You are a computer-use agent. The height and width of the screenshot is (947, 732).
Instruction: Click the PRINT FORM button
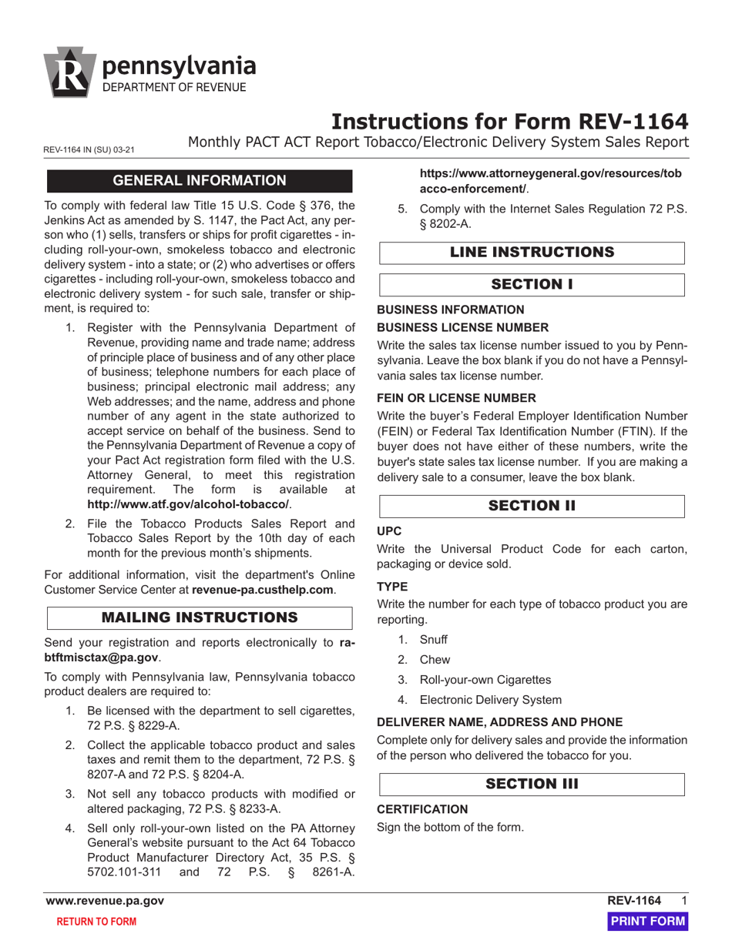click(x=647, y=922)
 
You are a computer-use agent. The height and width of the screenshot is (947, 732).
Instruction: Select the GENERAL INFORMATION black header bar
click(x=200, y=181)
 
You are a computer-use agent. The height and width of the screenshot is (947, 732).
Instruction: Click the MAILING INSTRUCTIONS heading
click(x=200, y=617)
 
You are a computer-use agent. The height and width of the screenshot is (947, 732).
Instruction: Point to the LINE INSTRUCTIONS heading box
click(x=532, y=253)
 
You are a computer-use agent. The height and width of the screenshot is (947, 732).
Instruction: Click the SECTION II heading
click(x=532, y=506)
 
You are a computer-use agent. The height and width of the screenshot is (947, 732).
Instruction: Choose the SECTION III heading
click(x=532, y=784)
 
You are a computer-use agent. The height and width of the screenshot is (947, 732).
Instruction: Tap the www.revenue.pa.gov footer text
click(x=105, y=901)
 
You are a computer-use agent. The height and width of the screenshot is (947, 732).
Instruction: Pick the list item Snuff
click(x=433, y=640)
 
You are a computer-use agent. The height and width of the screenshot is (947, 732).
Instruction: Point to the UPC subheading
click(x=388, y=531)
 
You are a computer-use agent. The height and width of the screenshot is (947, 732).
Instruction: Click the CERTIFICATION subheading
click(x=421, y=809)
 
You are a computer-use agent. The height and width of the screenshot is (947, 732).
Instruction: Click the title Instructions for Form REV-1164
click(x=509, y=122)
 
